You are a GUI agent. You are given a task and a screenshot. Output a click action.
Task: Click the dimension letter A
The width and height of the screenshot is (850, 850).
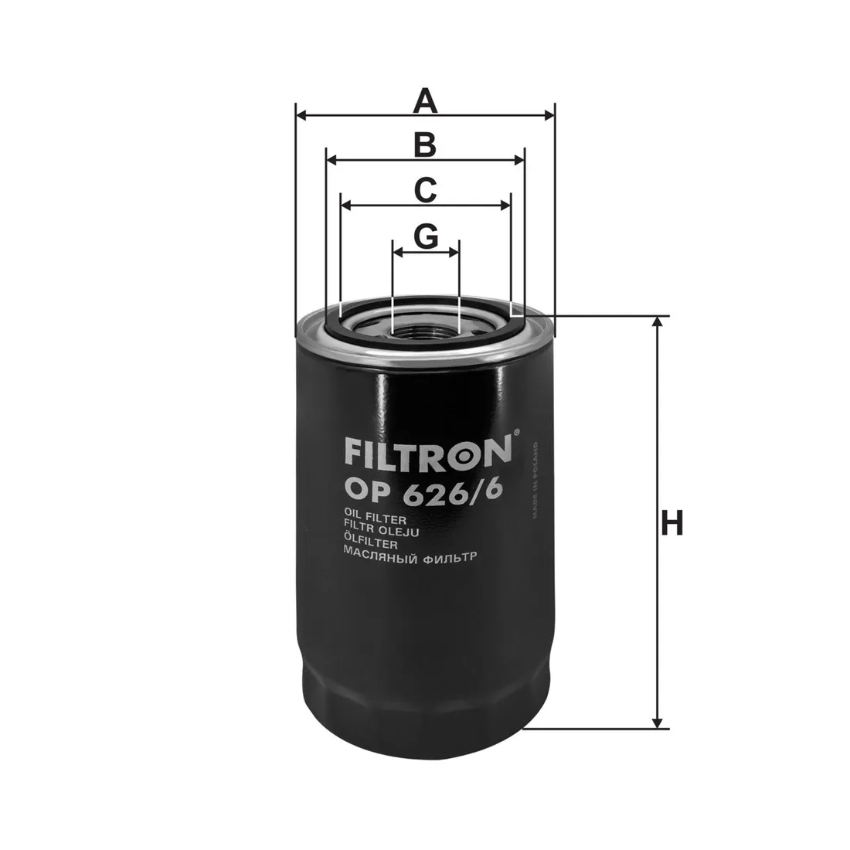pyautogui.click(x=425, y=101)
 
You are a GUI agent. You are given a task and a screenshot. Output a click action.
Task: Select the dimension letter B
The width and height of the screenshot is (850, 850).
pyautogui.click(x=425, y=145)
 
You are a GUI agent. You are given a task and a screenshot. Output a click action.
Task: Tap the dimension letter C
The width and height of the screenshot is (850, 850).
pyautogui.click(x=425, y=190)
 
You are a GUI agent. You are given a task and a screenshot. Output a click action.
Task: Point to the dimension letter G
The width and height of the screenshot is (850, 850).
pyautogui.click(x=426, y=237)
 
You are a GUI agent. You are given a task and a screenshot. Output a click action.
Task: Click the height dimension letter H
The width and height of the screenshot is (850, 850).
pyautogui.click(x=671, y=524)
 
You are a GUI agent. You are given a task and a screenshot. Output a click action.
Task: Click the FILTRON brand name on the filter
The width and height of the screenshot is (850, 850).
pyautogui.click(x=428, y=451)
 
